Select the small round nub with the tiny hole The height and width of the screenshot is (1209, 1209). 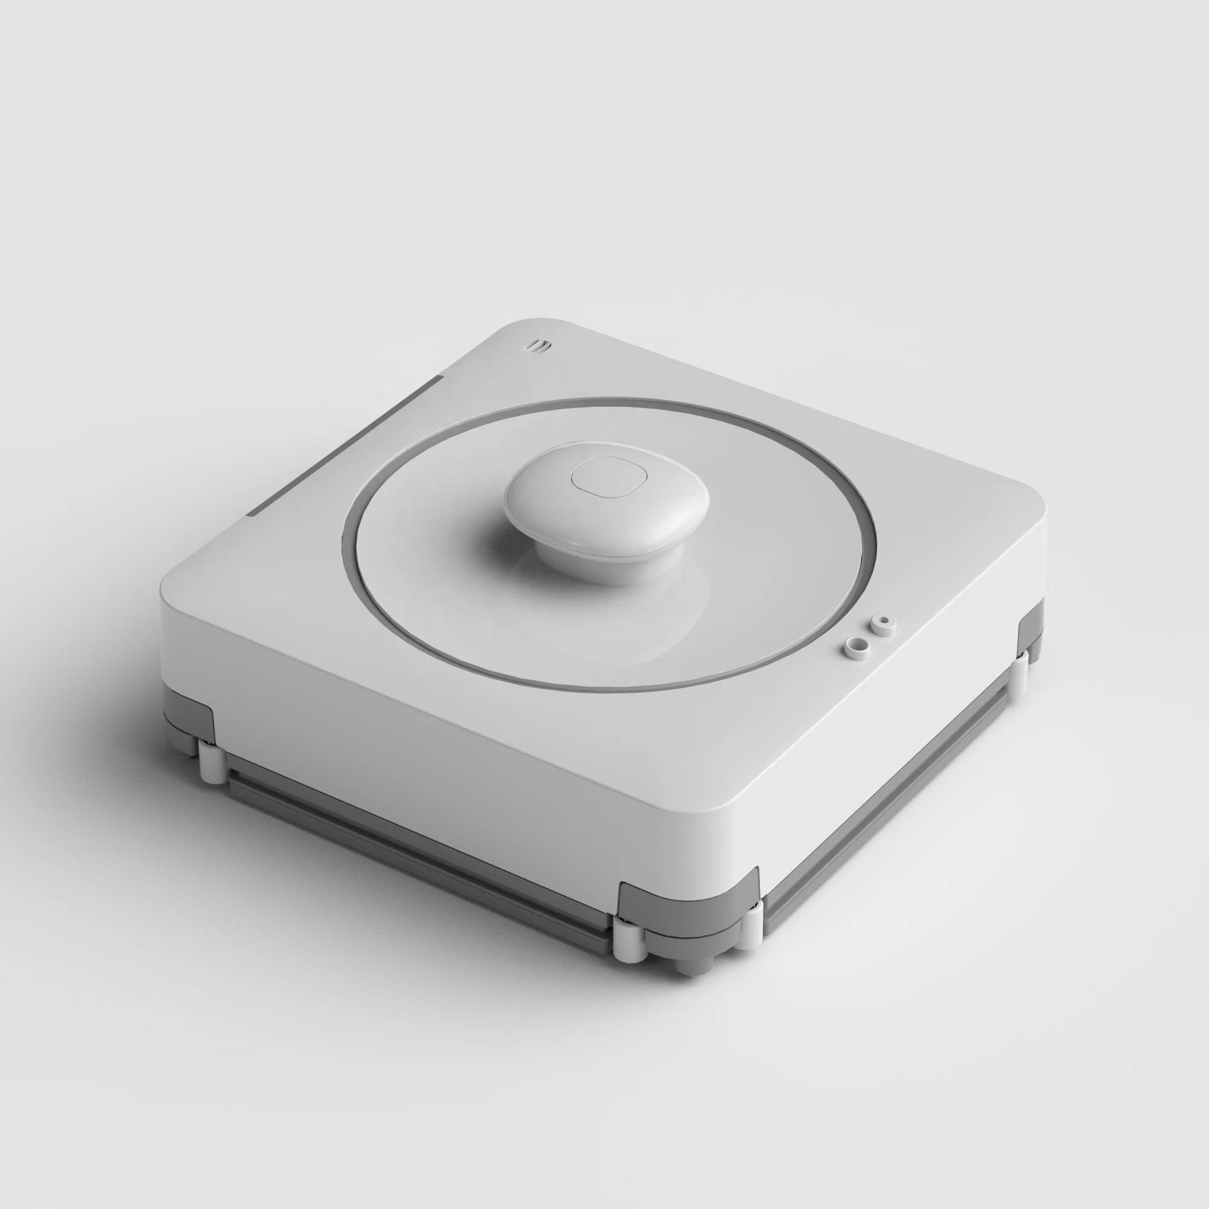coord(884,624)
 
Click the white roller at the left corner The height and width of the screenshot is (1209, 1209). coord(213,760)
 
